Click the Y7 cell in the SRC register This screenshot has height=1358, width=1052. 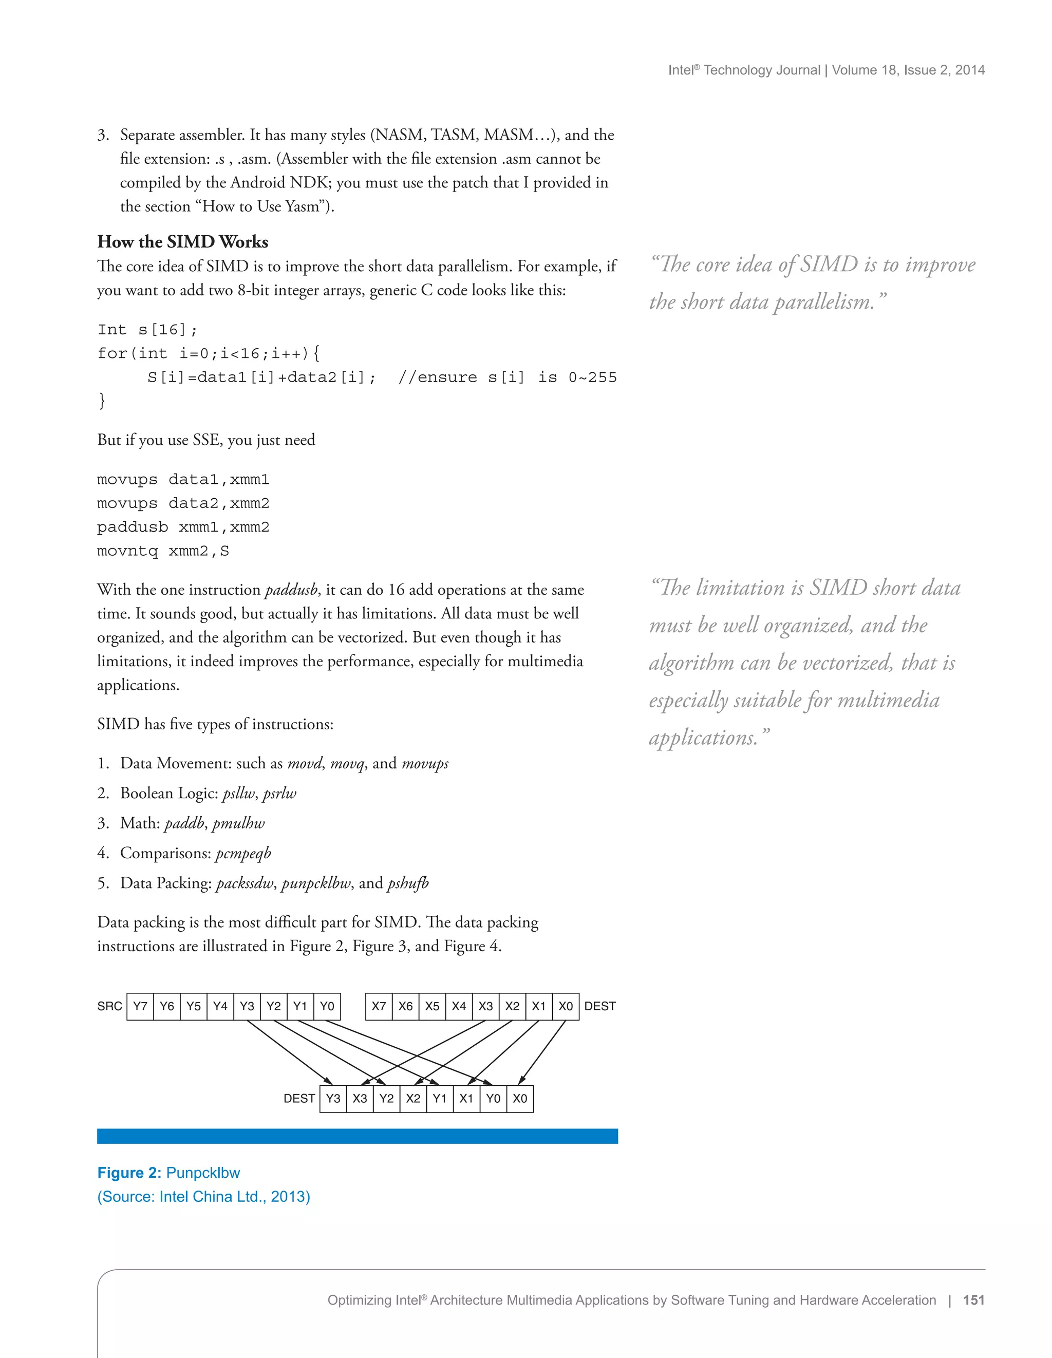[x=140, y=1006]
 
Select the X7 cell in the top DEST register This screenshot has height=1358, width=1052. [x=379, y=1006]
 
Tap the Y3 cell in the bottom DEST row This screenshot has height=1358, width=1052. [x=333, y=1098]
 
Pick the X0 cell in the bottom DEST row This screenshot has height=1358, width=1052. [x=520, y=1098]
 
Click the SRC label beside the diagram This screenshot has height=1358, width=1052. [x=109, y=1006]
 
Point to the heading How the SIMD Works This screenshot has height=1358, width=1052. [x=182, y=241]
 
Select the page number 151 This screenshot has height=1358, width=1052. [x=973, y=1300]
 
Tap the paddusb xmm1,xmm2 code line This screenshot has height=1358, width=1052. [x=183, y=527]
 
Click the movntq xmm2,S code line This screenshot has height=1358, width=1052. [x=163, y=551]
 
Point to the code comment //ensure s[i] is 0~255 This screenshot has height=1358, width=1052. [x=506, y=378]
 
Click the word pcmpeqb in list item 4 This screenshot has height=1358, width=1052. [x=243, y=853]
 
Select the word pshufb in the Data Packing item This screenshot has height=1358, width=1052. [x=408, y=883]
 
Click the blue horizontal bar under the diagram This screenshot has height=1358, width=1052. [x=357, y=1136]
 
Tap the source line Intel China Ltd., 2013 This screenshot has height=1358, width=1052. [x=203, y=1197]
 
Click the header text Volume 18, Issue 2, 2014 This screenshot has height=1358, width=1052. [x=908, y=70]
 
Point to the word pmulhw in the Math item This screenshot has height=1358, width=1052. [x=238, y=823]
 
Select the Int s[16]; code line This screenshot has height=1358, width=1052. [x=147, y=330]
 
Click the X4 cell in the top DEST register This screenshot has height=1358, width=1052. [x=459, y=1006]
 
